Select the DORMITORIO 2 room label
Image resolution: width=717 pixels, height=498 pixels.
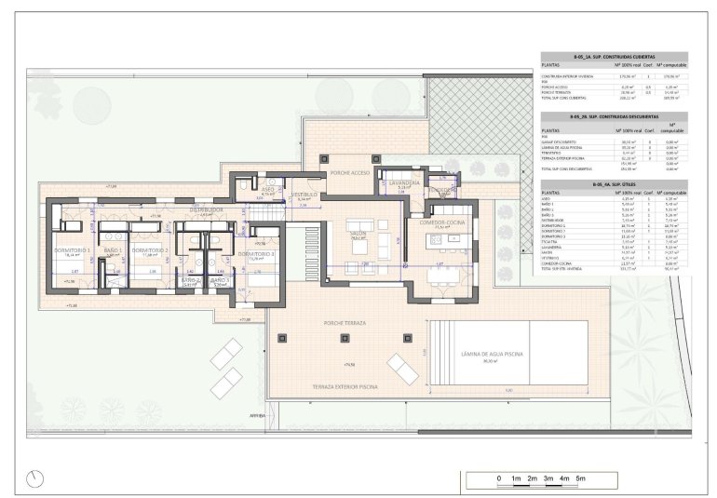click(149, 250)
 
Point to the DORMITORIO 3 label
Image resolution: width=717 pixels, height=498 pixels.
click(254, 253)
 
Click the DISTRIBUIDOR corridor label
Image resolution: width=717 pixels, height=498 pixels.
click(206, 210)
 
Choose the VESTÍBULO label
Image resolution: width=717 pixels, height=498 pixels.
click(304, 195)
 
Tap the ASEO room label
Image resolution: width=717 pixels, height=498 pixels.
click(267, 189)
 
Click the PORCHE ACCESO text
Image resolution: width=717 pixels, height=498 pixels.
click(350, 172)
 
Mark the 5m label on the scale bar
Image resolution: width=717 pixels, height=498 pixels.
click(581, 478)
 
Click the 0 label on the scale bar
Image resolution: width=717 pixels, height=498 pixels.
click(499, 478)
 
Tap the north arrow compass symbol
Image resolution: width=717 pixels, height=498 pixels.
click(36, 478)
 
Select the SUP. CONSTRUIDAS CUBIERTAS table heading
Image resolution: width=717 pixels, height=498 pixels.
click(615, 56)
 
